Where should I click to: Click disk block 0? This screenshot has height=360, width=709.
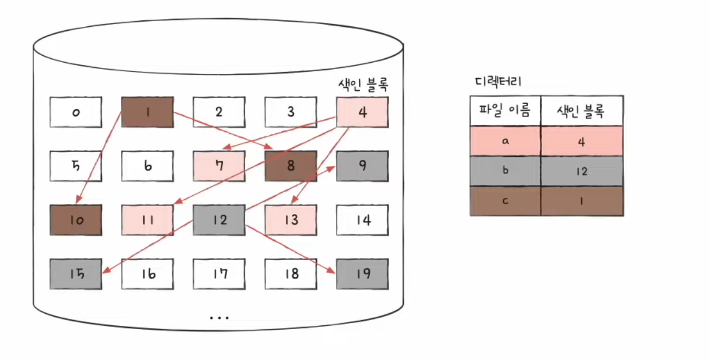(x=76, y=112)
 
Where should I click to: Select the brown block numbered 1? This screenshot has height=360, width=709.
(x=147, y=112)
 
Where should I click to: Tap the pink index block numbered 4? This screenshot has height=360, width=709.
(x=363, y=112)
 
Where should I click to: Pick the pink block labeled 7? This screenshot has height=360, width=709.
(x=219, y=166)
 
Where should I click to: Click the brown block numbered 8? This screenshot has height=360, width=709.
(x=290, y=166)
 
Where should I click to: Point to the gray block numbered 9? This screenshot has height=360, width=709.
(x=363, y=166)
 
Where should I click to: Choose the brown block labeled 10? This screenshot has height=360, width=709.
(x=76, y=220)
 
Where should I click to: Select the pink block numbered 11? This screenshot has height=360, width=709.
(x=147, y=220)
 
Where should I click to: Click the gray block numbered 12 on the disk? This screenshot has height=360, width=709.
(x=219, y=220)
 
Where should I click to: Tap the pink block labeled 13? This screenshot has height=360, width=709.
(x=290, y=220)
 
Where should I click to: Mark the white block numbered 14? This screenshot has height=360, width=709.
(x=363, y=220)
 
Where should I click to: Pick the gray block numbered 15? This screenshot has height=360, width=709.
(x=76, y=274)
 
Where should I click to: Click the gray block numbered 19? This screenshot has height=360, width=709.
(x=363, y=274)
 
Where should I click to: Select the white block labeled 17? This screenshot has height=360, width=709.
(x=219, y=274)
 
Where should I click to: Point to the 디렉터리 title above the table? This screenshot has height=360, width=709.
(x=498, y=82)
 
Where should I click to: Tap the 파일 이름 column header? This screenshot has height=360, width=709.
(x=505, y=111)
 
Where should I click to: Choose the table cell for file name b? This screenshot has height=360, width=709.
(x=505, y=171)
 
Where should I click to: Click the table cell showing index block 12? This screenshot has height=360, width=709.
(x=581, y=171)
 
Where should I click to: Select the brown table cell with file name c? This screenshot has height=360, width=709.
(x=505, y=201)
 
